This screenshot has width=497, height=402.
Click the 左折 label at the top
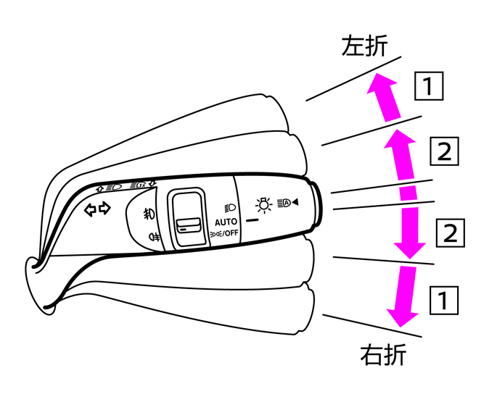click(x=364, y=47)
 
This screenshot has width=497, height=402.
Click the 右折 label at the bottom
click(x=382, y=356)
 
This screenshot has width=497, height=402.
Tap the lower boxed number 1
click(x=443, y=299)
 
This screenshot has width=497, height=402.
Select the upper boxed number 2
click(x=443, y=152)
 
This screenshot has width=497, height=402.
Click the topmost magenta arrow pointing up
click(x=382, y=98)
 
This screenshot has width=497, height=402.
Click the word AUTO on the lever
click(x=226, y=221)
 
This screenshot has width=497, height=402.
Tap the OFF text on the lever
click(x=230, y=233)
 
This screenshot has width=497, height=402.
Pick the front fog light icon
click(x=148, y=214)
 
